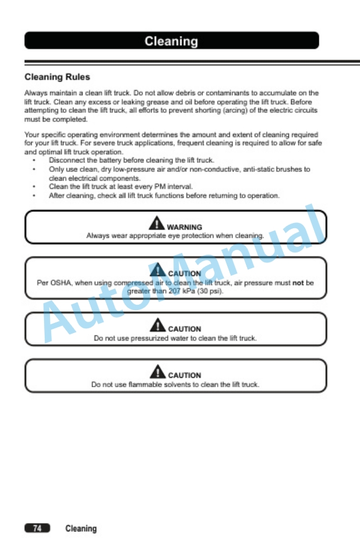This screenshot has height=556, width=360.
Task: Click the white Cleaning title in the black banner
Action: [171, 41]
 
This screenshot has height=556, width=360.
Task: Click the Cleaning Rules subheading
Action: [57, 77]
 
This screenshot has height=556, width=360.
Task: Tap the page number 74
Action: [37, 528]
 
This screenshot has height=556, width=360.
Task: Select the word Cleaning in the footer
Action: [81, 528]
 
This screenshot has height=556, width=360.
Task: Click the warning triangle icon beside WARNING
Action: [156, 224]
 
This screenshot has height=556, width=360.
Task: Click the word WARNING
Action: [184, 227]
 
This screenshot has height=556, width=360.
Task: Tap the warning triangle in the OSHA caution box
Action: [157, 271]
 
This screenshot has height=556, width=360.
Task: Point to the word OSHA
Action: [61, 282]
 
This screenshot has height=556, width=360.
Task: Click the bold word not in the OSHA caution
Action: [298, 282]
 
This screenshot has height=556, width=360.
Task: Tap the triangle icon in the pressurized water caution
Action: [157, 325]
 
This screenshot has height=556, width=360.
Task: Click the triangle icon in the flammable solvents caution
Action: [157, 372]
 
